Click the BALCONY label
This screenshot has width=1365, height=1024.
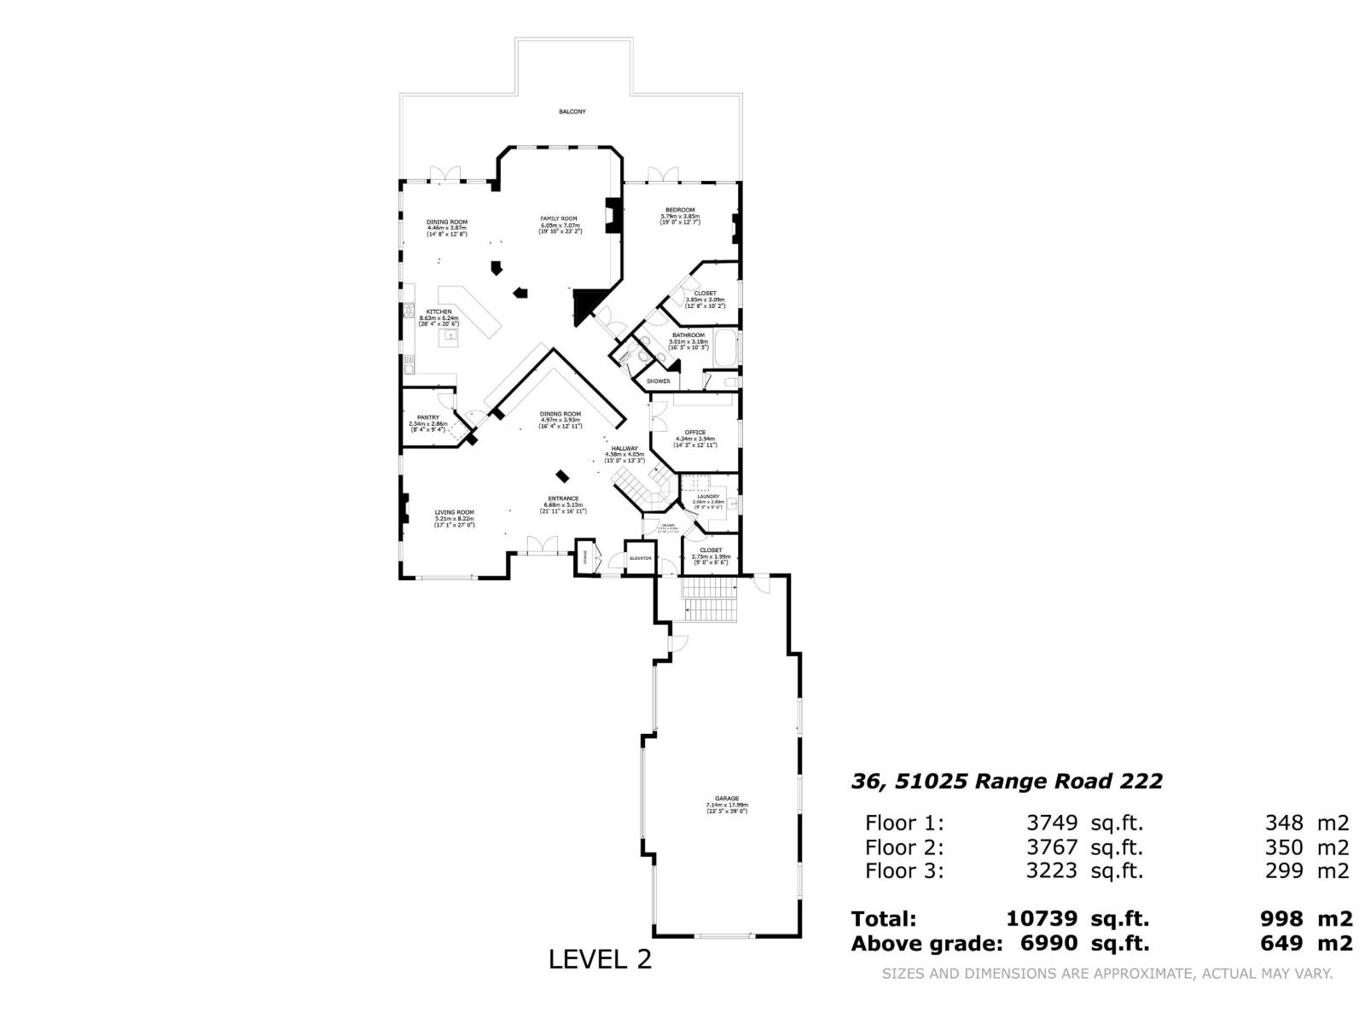tap(572, 112)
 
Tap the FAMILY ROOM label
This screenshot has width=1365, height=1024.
tap(560, 219)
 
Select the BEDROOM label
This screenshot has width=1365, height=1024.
tap(680, 210)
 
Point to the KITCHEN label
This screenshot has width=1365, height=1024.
tap(439, 312)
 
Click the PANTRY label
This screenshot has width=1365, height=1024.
tap(428, 418)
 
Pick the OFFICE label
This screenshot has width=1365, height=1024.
tap(695, 433)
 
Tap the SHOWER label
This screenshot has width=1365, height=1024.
tap(658, 381)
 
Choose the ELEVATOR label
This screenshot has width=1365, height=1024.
tap(641, 558)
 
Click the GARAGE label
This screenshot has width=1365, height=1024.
tap(727, 799)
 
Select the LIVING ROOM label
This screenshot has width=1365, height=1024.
tap(454, 513)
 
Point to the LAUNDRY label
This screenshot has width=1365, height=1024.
tap(708, 497)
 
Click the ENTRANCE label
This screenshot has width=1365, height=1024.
tap(563, 499)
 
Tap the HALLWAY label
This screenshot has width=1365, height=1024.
tap(624, 449)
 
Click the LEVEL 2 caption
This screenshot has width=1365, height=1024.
tap(600, 960)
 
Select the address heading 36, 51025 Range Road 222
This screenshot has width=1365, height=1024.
tap(1007, 782)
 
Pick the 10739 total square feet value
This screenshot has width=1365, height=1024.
tap(1043, 919)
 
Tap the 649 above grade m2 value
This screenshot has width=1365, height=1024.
tap(1281, 944)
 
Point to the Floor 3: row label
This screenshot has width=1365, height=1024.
tap(904, 871)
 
